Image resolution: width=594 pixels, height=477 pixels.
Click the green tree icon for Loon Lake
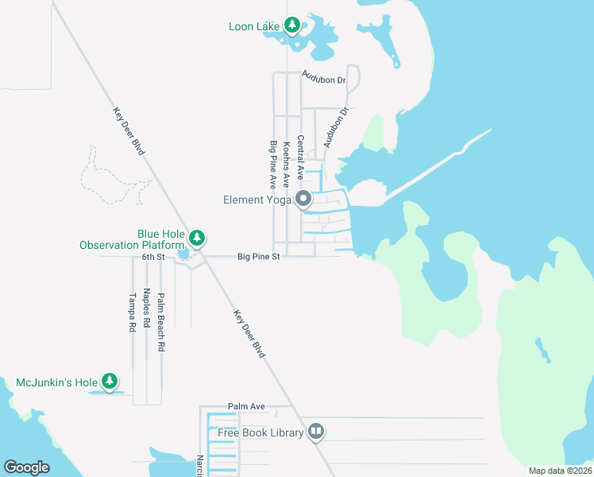292,26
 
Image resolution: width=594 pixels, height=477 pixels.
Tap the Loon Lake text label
253,27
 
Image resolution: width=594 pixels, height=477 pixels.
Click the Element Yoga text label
257,200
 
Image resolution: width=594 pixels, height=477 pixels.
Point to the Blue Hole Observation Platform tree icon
197,238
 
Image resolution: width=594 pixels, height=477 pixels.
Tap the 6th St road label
152,257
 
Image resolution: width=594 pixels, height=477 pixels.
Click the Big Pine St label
259,257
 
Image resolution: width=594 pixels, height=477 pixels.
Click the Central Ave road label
300,157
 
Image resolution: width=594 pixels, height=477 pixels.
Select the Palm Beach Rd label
160,323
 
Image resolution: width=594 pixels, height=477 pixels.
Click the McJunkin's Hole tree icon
110,382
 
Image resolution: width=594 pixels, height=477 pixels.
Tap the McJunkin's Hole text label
56,383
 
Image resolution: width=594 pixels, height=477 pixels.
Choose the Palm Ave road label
246,406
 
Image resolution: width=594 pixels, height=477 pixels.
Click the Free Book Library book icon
316,432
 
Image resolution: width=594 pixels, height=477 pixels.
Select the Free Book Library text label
261,432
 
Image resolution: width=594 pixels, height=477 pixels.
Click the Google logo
26,467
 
